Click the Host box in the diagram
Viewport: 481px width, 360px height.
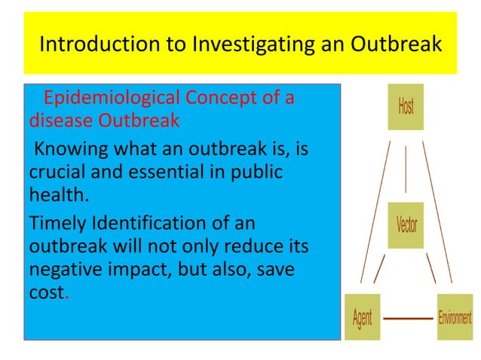point(406,107)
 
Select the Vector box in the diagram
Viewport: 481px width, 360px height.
point(406,224)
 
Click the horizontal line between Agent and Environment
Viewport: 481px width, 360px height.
point(409,319)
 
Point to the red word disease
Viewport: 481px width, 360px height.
point(57,120)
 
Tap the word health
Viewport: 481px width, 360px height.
point(57,195)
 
